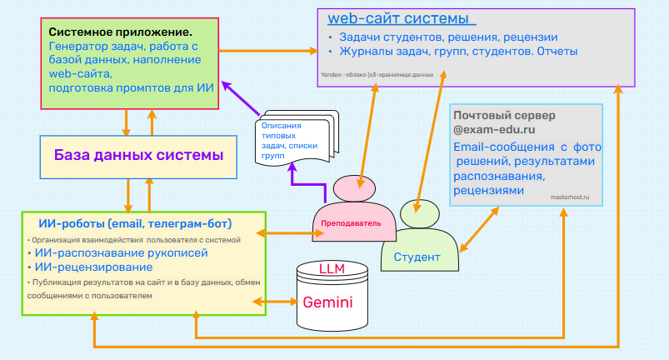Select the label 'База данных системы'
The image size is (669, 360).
tap(138, 155)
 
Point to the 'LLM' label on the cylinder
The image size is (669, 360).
tap(332, 269)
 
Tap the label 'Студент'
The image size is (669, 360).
tap(417, 257)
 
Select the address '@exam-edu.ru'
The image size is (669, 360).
tap(494, 130)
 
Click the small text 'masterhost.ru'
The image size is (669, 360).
tap(570, 197)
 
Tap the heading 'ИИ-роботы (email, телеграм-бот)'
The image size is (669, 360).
tap(135, 223)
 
